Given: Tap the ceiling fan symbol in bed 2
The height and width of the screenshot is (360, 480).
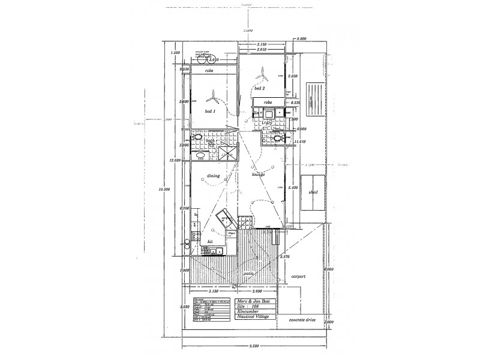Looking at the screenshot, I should point(262,76).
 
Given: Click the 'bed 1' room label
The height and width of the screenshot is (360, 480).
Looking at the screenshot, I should point(210,112).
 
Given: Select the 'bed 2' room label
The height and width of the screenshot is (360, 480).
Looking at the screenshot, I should point(259,88).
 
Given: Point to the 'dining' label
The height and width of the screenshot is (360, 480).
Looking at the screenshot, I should point(213,176).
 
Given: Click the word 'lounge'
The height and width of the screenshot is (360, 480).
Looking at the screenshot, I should point(259,175).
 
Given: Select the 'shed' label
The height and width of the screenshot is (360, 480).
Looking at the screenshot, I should point(313,193).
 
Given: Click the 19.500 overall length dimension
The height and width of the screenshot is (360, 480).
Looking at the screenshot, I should point(160,190).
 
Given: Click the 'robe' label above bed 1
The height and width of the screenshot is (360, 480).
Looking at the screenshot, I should point(209,71).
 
